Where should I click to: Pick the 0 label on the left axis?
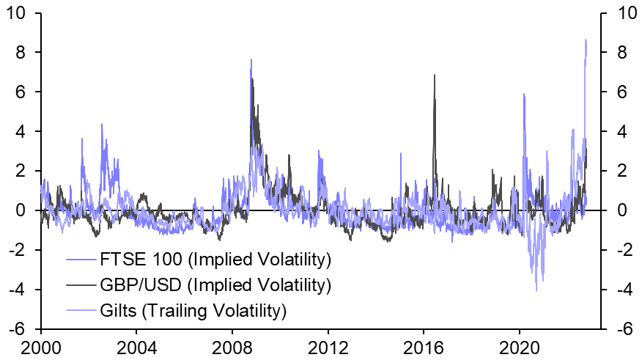[x=28, y=210]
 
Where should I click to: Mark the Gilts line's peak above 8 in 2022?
[x=586, y=40]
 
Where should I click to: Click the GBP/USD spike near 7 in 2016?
[x=435, y=75]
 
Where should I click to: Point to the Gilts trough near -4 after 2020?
[x=536, y=291]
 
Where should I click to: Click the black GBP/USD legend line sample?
[x=82, y=284]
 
